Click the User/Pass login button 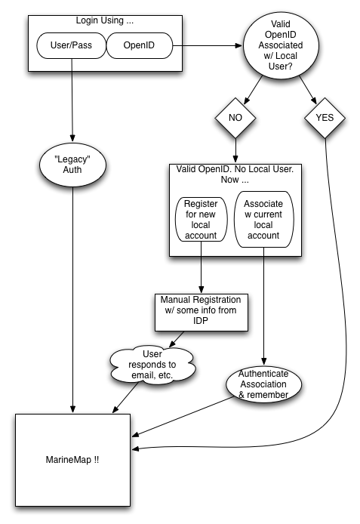click(71, 45)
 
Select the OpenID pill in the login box click(140, 45)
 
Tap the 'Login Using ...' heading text click(104, 20)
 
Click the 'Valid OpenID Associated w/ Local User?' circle click(281, 45)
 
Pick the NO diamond click(235, 118)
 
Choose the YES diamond click(325, 118)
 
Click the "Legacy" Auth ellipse click(72, 165)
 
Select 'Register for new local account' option click(201, 220)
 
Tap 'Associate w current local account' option click(264, 220)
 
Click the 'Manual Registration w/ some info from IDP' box click(202, 313)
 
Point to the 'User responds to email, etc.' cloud click(152, 365)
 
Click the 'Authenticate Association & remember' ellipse click(264, 384)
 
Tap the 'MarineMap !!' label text click(72, 460)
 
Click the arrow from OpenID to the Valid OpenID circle click(208, 45)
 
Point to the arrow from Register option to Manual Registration click(201, 267)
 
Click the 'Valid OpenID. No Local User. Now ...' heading click(235, 174)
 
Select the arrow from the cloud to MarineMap click(125, 398)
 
